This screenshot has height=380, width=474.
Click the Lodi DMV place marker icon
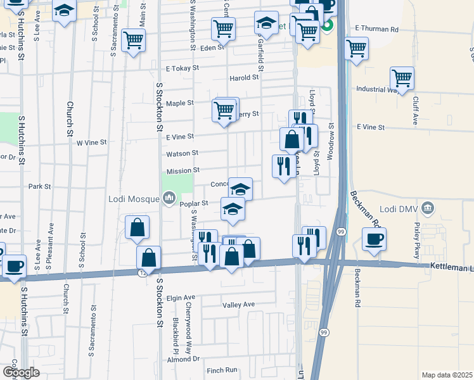tap(428, 208)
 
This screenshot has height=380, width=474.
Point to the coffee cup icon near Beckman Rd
tap(374, 239)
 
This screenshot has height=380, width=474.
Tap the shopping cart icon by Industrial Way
tap(402, 79)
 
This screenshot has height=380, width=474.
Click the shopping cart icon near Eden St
tap(223, 28)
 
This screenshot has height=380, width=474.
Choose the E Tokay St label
tap(183, 68)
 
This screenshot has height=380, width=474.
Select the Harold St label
tap(244, 78)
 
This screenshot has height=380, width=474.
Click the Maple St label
tap(179, 103)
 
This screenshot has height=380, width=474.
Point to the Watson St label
tap(182, 153)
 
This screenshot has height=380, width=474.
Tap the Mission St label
tap(183, 171)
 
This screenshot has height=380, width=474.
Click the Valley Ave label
tap(238, 305)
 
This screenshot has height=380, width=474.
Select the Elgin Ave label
tap(181, 297)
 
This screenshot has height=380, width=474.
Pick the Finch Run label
tap(222, 370)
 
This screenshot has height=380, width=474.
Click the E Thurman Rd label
tap(376, 29)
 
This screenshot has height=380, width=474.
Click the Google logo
tap(21, 372)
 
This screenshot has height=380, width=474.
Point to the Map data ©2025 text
tap(446, 375)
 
